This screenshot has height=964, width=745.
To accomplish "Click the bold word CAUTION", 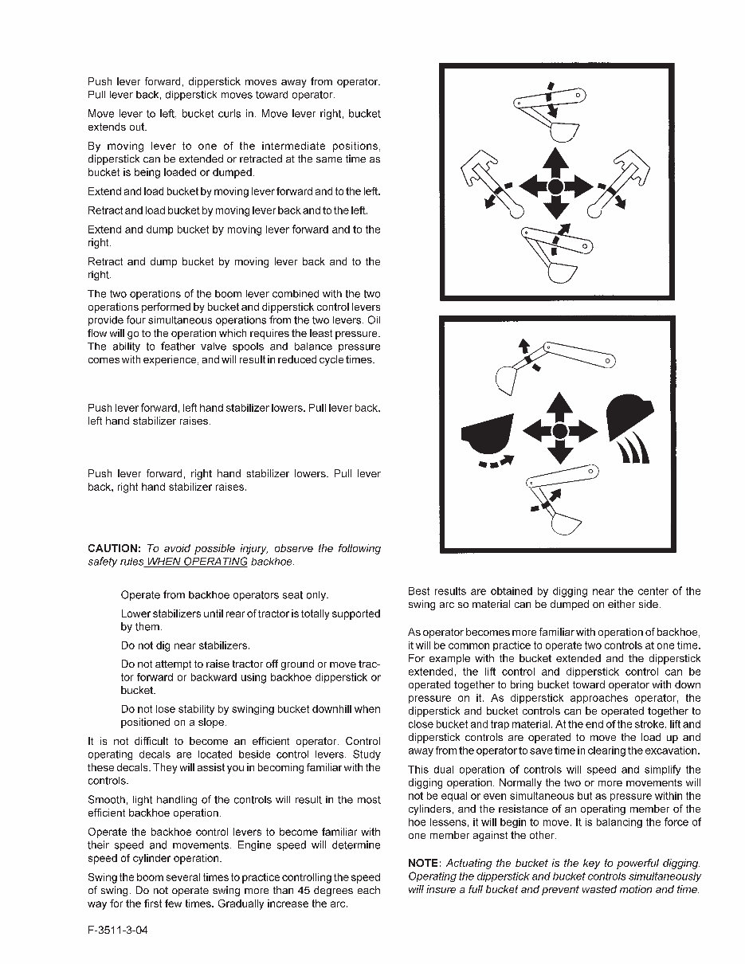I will [115, 549].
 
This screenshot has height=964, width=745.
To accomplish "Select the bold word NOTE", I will [424, 864].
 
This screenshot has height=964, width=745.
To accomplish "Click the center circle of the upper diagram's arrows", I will [557, 187].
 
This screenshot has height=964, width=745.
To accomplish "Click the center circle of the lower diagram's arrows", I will [560, 431].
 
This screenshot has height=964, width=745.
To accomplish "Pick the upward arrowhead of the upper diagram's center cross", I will [557, 158].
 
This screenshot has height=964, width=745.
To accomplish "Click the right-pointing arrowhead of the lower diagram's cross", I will [590, 431].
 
